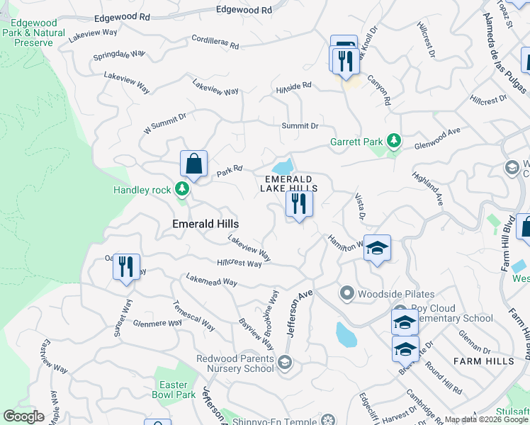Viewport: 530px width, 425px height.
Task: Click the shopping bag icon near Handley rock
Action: click(193, 164)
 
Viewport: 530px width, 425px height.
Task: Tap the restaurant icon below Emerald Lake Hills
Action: click(299, 205)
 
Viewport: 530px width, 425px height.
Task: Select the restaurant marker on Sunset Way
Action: click(126, 267)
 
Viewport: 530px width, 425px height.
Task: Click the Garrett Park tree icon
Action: click(395, 140)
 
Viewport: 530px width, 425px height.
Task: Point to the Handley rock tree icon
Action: click(183, 189)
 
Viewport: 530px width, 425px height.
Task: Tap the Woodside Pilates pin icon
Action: click(347, 292)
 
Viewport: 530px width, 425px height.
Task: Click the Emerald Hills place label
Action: click(205, 223)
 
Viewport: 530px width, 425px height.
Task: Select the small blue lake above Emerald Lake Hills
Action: click(283, 166)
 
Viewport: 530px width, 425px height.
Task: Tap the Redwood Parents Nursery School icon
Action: click(284, 363)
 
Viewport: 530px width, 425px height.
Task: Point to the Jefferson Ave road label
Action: click(299, 301)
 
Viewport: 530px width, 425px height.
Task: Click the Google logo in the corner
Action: click(23, 416)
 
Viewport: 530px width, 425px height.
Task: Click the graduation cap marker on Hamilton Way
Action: click(377, 248)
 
